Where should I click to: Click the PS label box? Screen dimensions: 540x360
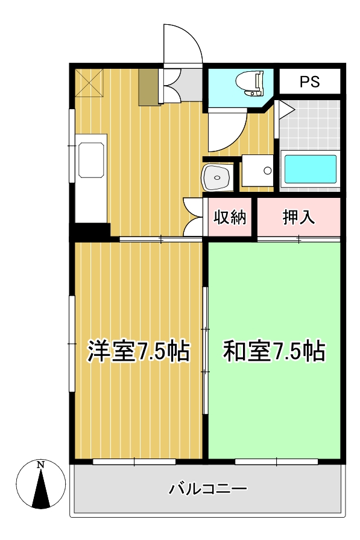click(x=310, y=82)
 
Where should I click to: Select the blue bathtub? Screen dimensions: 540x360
click(x=310, y=170)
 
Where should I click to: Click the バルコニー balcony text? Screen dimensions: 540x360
click(x=208, y=488)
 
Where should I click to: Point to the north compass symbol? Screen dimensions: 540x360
click(x=40, y=485)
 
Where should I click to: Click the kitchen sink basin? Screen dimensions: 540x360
click(x=92, y=160)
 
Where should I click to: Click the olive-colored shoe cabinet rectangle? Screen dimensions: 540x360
click(x=148, y=87)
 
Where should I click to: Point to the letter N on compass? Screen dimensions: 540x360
click(x=40, y=465)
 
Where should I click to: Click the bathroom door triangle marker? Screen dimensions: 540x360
click(x=285, y=110)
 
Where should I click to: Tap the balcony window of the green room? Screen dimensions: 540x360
click(x=276, y=462)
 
